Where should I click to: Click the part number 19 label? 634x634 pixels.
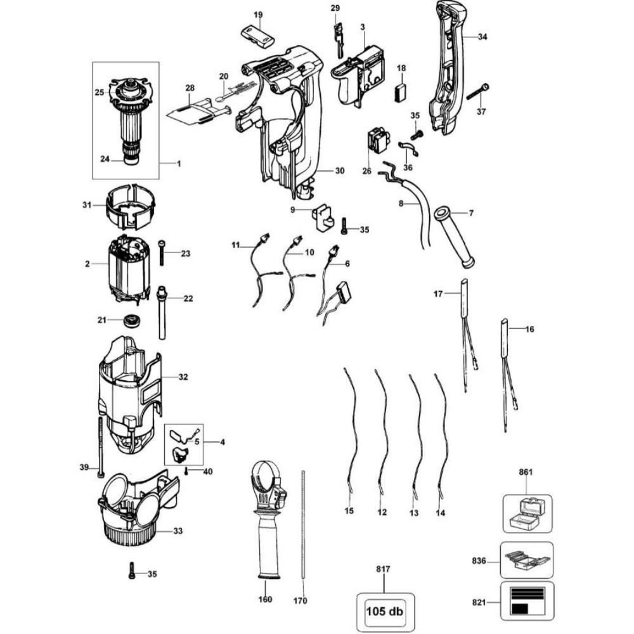coord(258,15)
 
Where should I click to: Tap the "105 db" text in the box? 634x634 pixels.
coord(385,611)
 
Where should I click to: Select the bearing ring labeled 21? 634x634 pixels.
coord(132,320)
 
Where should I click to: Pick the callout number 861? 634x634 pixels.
coord(526,472)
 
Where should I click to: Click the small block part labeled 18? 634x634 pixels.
coord(400,92)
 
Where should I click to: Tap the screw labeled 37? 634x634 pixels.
coord(478,92)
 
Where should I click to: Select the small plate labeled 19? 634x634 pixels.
coord(257,34)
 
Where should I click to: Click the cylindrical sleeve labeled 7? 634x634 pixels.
coord(454,237)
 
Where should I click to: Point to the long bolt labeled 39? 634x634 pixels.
coord(100,447)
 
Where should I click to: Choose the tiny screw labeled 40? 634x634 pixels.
coord(186,472)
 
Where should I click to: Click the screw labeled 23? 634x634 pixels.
coord(162,252)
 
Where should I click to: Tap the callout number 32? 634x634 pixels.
coord(183,377)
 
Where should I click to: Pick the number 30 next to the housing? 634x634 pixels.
coord(340,171)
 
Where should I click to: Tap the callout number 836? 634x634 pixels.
coord(479,561)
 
